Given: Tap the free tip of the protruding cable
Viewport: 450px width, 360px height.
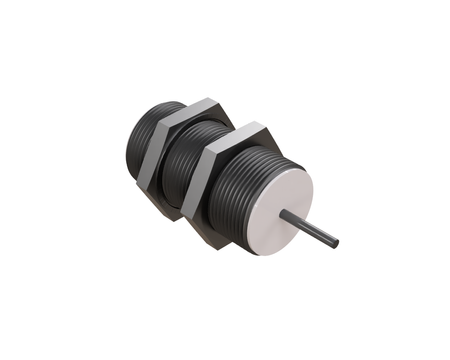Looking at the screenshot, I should point(338,243).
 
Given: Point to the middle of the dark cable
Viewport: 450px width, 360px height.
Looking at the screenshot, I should point(311,228).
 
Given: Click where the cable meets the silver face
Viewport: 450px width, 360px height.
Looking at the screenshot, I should point(284,214).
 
